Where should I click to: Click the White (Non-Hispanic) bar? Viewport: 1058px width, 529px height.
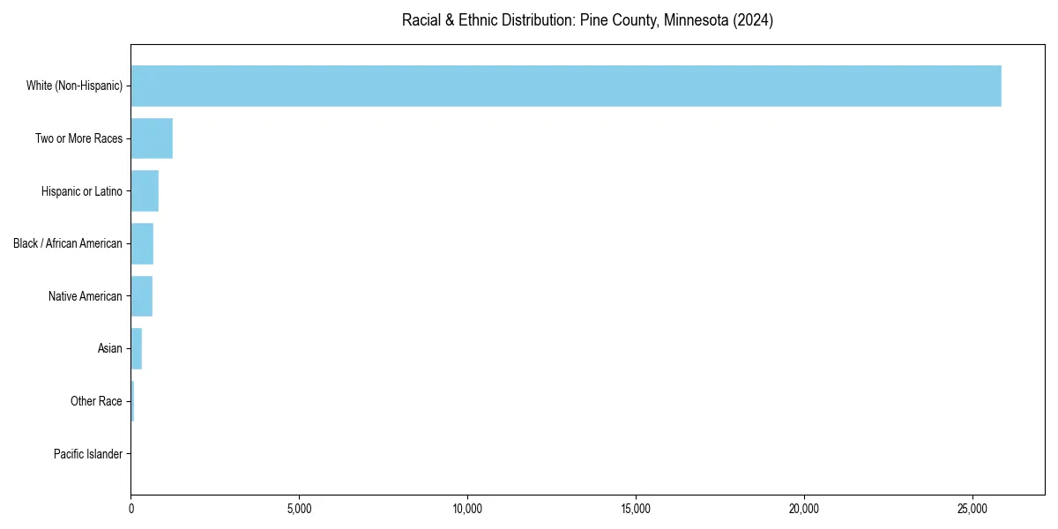[x=566, y=86]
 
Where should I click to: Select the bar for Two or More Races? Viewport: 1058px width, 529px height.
[x=152, y=138]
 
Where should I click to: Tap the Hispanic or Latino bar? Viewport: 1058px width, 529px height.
[x=145, y=191]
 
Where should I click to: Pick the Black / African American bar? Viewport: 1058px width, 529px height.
[x=142, y=243]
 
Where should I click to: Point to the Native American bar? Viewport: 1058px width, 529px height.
[x=141, y=296]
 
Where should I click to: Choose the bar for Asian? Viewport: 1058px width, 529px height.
[x=137, y=348]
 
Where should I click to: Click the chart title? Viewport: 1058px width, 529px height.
[x=587, y=20]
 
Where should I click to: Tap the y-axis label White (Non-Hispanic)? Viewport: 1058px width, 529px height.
[x=74, y=86]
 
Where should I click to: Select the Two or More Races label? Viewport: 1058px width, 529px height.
[x=78, y=138]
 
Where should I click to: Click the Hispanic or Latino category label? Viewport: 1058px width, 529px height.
[x=81, y=191]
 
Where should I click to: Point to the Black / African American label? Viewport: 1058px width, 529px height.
[x=67, y=243]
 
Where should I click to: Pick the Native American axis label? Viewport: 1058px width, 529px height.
[x=85, y=296]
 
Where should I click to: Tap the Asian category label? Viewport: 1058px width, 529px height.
[x=109, y=348]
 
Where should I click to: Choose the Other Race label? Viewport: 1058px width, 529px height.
[x=96, y=401]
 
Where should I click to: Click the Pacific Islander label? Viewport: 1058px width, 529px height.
[x=87, y=454]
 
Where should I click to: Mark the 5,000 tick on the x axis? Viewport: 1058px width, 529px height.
[x=299, y=509]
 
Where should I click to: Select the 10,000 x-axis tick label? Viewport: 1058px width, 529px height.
[x=467, y=509]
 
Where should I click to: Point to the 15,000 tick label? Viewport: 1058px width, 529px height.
[x=636, y=509]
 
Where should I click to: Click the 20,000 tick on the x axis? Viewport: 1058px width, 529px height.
[x=804, y=509]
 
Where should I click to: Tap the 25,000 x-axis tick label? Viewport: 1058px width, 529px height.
[x=972, y=509]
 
